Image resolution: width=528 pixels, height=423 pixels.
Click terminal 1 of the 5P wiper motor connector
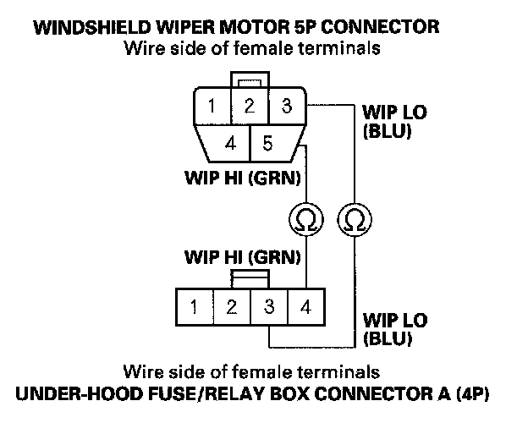(212, 106)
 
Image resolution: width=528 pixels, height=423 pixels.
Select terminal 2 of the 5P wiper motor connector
(250, 106)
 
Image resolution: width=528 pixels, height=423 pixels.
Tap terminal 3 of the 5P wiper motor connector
(287, 106)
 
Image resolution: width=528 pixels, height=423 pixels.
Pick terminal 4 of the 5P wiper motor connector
(227, 144)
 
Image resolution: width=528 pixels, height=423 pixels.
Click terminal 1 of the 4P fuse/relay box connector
(195, 307)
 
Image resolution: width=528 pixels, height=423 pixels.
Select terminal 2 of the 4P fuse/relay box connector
(232, 307)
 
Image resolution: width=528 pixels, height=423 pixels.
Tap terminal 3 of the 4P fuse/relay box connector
(269, 307)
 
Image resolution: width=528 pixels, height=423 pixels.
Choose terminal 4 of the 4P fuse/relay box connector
(306, 307)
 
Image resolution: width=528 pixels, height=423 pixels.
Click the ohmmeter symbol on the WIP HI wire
(306, 219)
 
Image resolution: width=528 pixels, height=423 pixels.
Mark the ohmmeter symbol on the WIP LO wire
(355, 219)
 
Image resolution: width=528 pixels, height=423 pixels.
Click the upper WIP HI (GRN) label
(243, 178)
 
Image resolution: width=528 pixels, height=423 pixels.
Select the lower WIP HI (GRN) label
(243, 258)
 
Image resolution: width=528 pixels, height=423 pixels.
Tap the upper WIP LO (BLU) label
(394, 122)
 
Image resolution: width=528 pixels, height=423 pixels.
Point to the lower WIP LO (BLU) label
(395, 329)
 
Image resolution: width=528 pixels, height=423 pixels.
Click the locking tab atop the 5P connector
(250, 80)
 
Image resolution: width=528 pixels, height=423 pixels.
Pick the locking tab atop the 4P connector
(250, 279)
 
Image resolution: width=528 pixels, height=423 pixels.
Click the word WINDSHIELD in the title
(92, 27)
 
